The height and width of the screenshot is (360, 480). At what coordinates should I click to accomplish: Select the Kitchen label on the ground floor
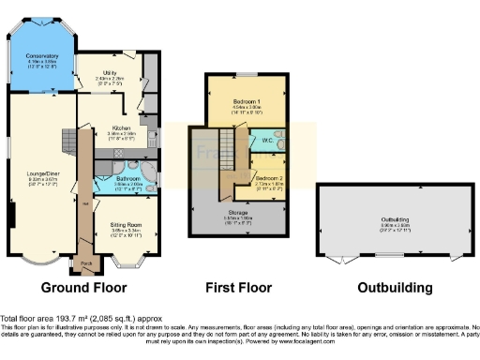pyautogui.click(x=123, y=127)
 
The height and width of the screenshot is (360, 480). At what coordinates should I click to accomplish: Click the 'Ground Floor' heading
pyautogui.click(x=78, y=288)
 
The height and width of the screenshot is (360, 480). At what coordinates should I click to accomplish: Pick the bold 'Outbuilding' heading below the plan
pyautogui.click(x=387, y=288)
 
